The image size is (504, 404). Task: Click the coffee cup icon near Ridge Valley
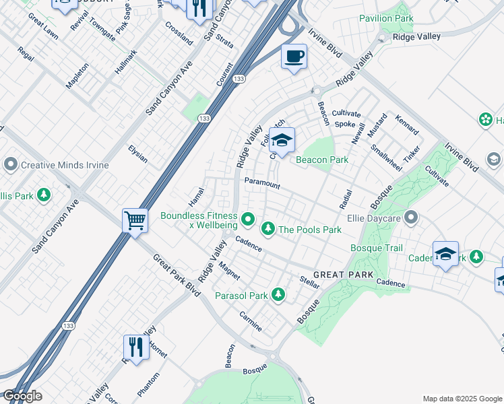294,57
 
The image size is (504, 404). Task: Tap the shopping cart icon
135,220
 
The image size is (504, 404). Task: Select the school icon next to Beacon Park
282,139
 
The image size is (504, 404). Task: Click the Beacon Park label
322,160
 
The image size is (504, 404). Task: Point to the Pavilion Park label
386,18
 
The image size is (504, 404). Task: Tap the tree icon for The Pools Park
268,230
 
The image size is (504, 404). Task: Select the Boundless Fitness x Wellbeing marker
248,219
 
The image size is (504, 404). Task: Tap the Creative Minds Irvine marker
11,164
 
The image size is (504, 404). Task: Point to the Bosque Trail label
376,248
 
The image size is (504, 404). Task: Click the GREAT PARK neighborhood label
344,275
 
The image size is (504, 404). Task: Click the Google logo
22,396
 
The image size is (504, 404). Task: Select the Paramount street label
261,182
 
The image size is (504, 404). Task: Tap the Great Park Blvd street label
177,275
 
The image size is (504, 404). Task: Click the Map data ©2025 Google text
462,399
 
